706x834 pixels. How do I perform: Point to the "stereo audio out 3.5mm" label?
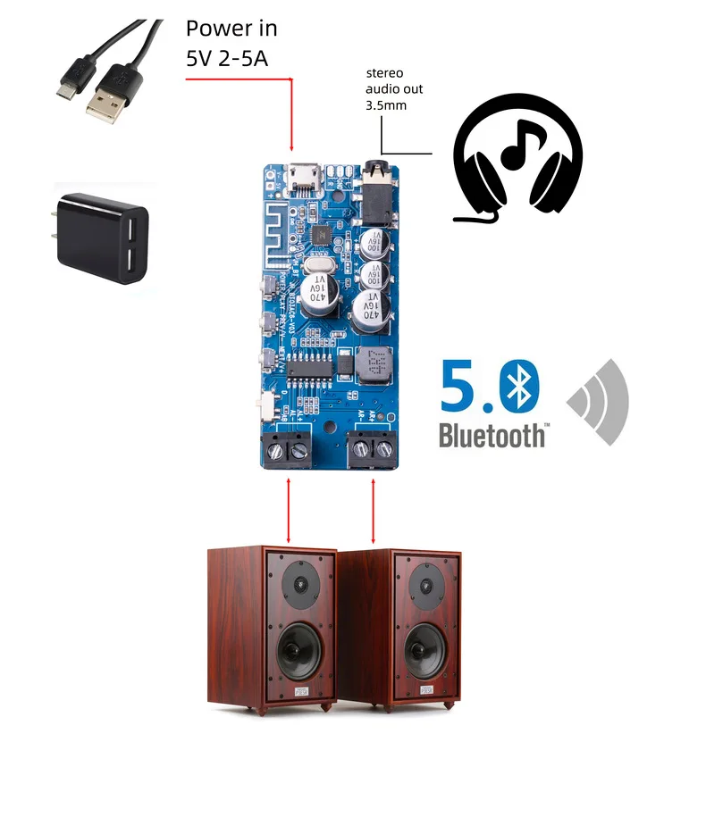tap(394, 89)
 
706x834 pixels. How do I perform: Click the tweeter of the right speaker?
tap(424, 585)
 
